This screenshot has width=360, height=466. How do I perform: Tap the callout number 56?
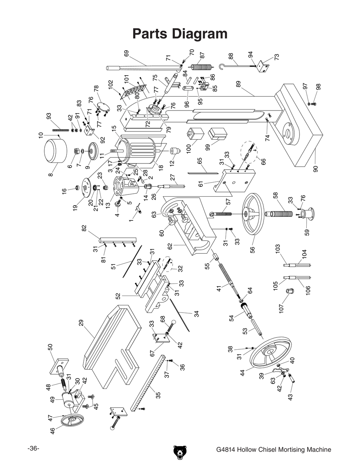coord(252,249)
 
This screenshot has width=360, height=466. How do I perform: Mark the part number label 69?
coord(126,53)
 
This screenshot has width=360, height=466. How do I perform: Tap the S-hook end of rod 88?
coord(222,66)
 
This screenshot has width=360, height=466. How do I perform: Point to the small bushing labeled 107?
coord(289,291)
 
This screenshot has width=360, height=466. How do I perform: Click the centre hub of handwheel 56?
coord(246,215)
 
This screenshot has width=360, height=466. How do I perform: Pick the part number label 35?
coord(157,395)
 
